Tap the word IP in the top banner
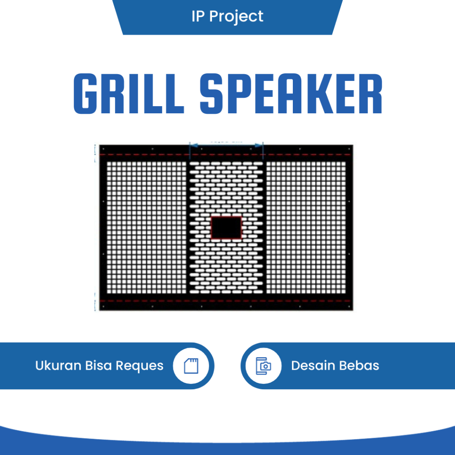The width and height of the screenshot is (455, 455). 198,16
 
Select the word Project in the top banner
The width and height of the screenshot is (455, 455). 236,17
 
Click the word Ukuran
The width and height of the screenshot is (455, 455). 58,366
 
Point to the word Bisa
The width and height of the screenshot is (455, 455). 99,366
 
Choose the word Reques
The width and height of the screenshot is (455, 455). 140,366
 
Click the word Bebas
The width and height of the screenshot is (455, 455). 359,366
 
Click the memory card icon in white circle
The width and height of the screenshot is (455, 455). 191,366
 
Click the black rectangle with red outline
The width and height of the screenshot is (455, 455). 226,228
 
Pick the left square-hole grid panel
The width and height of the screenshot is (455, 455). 146,227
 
